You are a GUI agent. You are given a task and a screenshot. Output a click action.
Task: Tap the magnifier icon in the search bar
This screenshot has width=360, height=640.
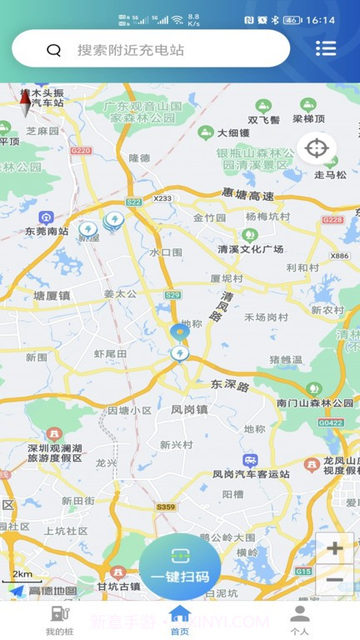coord(54,50)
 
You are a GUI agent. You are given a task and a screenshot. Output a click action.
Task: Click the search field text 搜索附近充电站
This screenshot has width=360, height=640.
coord(131,50)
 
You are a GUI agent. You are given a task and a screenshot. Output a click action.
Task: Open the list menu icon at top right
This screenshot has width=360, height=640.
coord(326,48)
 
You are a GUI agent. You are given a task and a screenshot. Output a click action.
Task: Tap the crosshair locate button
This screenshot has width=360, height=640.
coord(317,149)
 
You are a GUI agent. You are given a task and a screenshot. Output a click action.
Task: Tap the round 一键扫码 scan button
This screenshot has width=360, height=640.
coord(180,567)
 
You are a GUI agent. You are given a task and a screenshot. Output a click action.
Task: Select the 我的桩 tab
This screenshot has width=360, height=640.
coord(58,621)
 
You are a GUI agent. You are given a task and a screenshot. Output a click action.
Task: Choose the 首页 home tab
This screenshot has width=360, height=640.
coord(179,621)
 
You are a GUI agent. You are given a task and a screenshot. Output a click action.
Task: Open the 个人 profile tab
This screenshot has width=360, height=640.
coord(300,621)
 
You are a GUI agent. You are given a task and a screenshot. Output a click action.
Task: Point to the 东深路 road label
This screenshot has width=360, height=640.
coord(230,386)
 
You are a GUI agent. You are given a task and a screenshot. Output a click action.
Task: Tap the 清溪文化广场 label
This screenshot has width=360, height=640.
coord(250,249)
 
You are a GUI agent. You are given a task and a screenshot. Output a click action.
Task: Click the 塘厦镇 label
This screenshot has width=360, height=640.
coord(52,295)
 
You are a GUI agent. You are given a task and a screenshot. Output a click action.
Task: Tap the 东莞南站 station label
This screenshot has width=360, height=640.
coord(46,231)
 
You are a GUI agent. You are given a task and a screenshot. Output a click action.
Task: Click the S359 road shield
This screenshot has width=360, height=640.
coord(166,507)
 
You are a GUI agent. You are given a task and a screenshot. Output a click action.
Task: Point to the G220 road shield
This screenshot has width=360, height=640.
coord(81,151)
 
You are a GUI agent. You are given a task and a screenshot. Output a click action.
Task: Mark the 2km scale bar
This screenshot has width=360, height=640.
coord(22,577)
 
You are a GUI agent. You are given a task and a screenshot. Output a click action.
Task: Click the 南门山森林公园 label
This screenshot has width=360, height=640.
coord(315,403)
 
